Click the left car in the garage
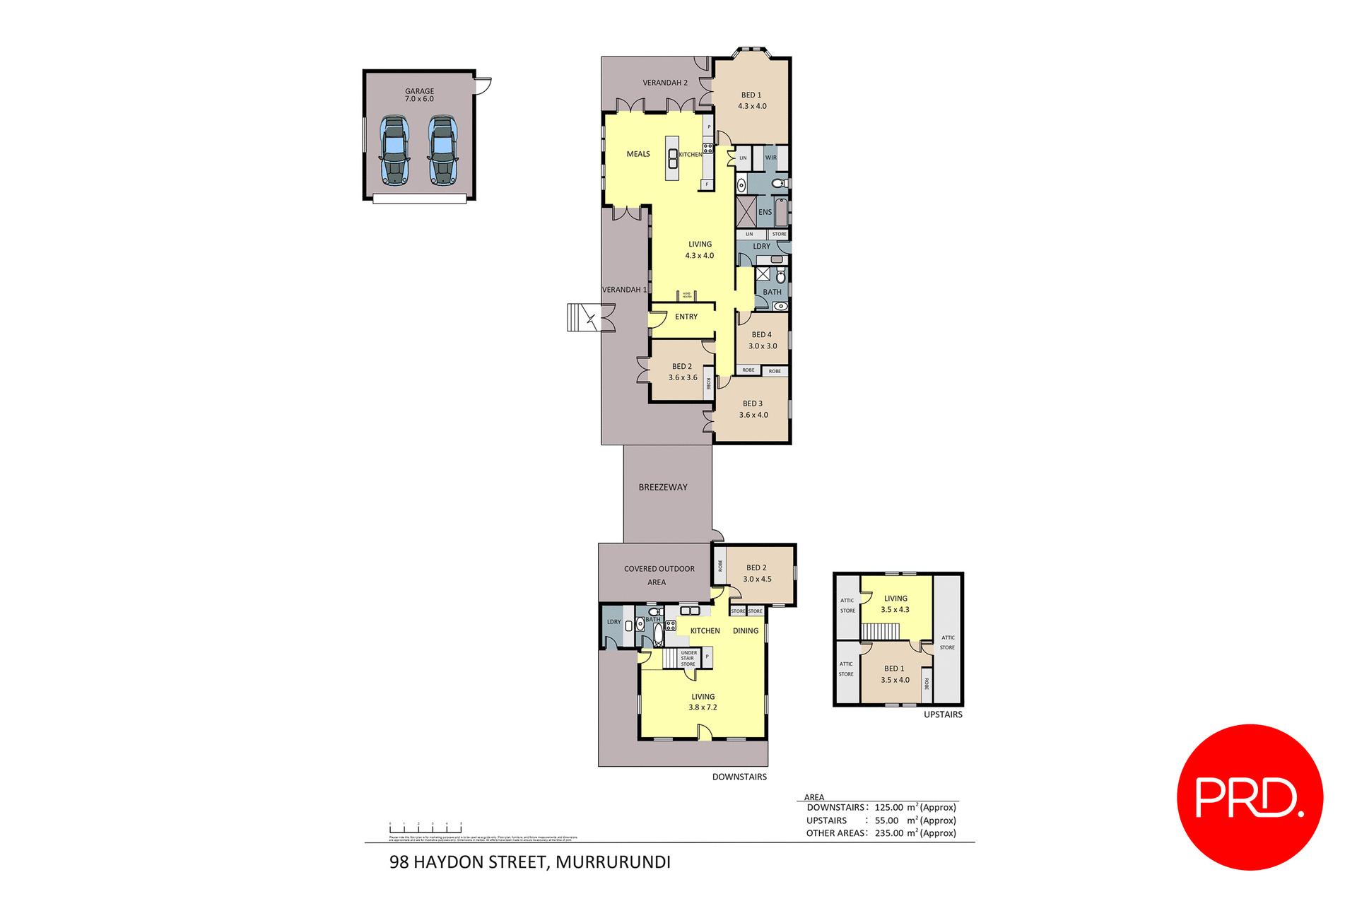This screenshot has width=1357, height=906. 394,151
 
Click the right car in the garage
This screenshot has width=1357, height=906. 442,151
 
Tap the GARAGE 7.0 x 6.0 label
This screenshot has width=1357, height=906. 419,95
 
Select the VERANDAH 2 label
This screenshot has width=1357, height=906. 664,83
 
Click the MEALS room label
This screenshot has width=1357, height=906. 638,154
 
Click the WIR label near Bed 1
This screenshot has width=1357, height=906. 770,158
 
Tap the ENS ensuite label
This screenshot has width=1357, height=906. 765,212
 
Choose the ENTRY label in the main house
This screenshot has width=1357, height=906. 686,317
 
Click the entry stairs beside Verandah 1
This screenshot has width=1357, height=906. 583,317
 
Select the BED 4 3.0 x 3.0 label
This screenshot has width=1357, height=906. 762,340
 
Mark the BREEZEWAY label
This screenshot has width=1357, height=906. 662,487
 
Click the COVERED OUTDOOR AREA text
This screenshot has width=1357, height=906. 659,575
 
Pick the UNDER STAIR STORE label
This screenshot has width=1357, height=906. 688,659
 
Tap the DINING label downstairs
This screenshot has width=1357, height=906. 745,630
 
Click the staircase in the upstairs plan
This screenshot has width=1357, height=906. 881,631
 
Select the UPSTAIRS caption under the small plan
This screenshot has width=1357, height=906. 942,714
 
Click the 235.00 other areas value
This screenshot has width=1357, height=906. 888,833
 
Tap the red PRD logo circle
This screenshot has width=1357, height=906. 1249,796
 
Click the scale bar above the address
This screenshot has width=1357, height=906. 425,828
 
